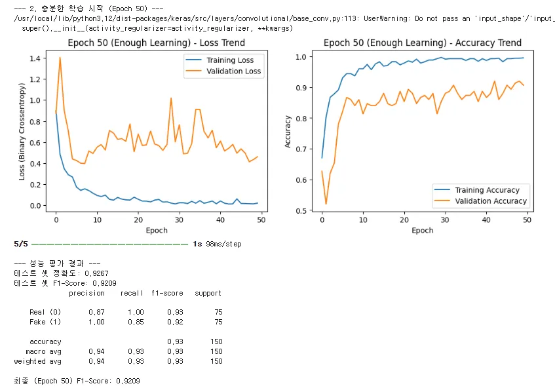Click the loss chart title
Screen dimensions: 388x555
(x=156, y=43)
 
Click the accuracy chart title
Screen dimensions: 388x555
(x=423, y=43)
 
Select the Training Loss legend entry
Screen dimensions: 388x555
(x=230, y=60)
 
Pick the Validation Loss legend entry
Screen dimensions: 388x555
(x=233, y=71)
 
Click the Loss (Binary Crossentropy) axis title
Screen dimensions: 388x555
(x=22, y=131)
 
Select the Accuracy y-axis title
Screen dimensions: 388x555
(x=288, y=131)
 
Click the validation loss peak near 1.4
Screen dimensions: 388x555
(x=60, y=58)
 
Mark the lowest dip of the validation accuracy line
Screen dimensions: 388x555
(x=326, y=204)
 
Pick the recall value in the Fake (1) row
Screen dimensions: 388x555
(x=136, y=322)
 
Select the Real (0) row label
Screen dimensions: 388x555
(x=45, y=312)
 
